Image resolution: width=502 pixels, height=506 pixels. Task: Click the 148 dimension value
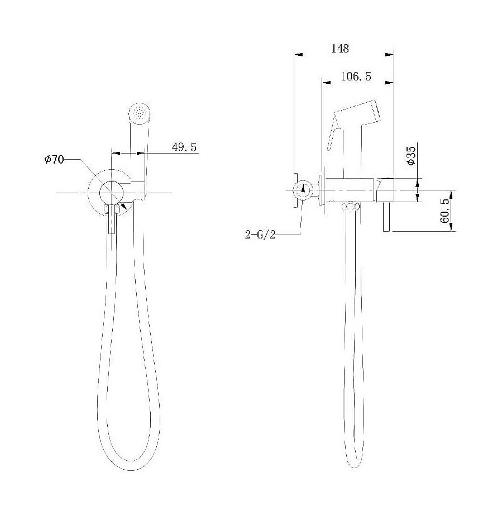point(340,49)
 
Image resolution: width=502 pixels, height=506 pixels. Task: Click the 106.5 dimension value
point(356,77)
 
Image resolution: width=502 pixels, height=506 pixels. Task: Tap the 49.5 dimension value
point(184,147)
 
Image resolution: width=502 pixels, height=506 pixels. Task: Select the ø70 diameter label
point(54,160)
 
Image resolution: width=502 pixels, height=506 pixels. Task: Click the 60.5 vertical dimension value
point(445,211)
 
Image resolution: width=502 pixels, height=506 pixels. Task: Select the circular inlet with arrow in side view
point(302,190)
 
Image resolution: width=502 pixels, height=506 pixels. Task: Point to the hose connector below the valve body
point(350,207)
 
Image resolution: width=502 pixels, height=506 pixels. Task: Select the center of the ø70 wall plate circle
point(111,192)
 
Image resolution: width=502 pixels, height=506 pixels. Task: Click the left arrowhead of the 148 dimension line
point(298,55)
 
